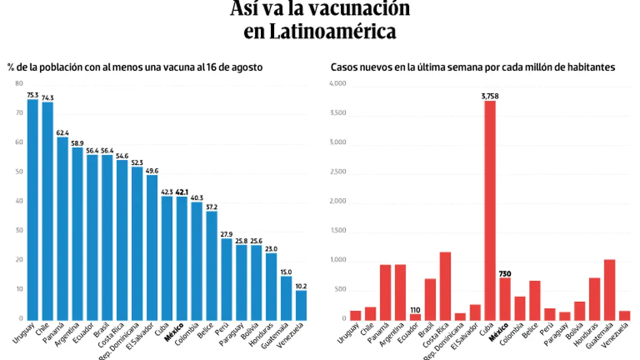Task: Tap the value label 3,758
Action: pyautogui.click(x=490, y=96)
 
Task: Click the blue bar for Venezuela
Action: pyautogui.click(x=301, y=305)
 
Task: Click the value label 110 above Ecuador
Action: pyautogui.click(x=415, y=309)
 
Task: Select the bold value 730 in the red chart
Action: pyautogui.click(x=505, y=274)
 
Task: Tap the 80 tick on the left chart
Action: pyautogui.click(x=19, y=84)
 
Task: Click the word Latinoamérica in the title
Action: pyautogui.click(x=320, y=31)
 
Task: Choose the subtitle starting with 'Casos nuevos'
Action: pyautogui.click(x=473, y=68)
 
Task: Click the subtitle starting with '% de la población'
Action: pyautogui.click(x=134, y=68)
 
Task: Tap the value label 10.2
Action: pyautogui.click(x=301, y=286)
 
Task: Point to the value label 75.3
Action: pyautogui.click(x=33, y=95)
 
